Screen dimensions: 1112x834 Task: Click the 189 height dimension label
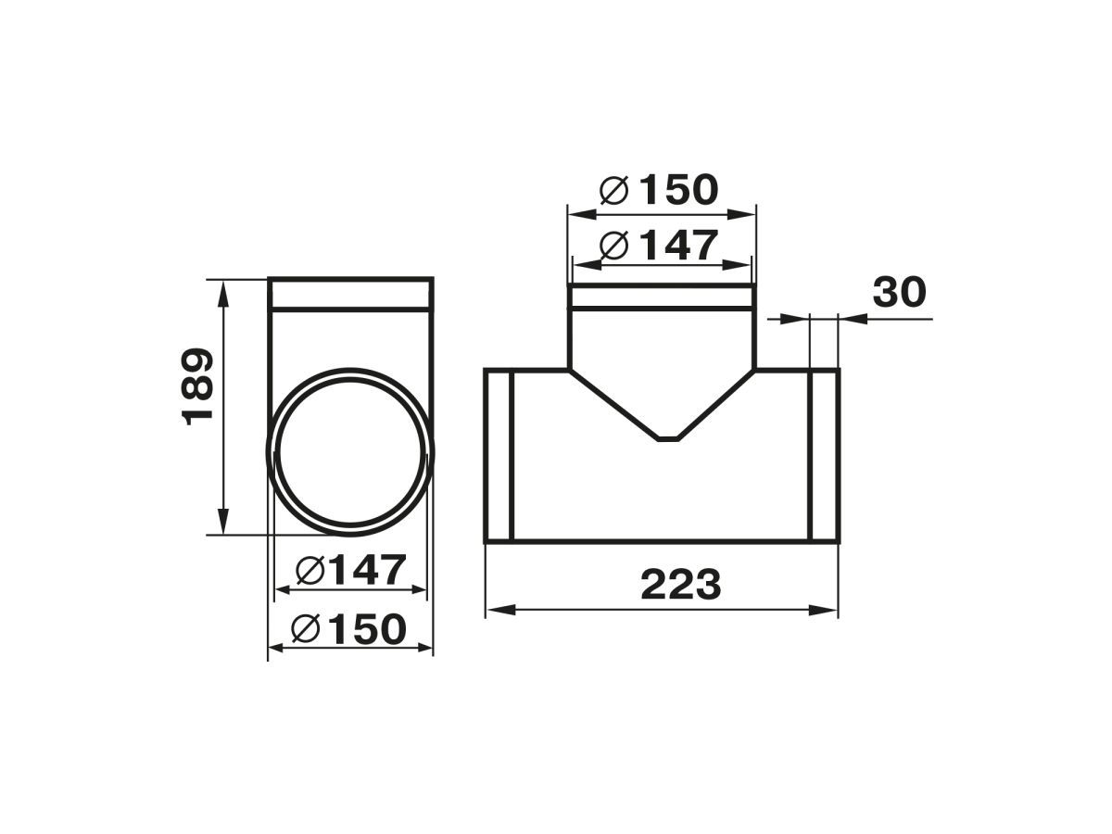(197, 386)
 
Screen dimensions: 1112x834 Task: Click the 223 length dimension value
(680, 585)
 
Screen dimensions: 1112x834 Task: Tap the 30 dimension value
(899, 292)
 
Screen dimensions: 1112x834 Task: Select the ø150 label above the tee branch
(659, 190)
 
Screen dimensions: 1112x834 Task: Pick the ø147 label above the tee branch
(659, 246)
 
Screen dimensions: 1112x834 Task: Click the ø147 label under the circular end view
(350, 570)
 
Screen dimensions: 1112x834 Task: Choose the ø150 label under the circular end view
(349, 628)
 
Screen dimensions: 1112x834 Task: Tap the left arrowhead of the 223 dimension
(500, 610)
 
